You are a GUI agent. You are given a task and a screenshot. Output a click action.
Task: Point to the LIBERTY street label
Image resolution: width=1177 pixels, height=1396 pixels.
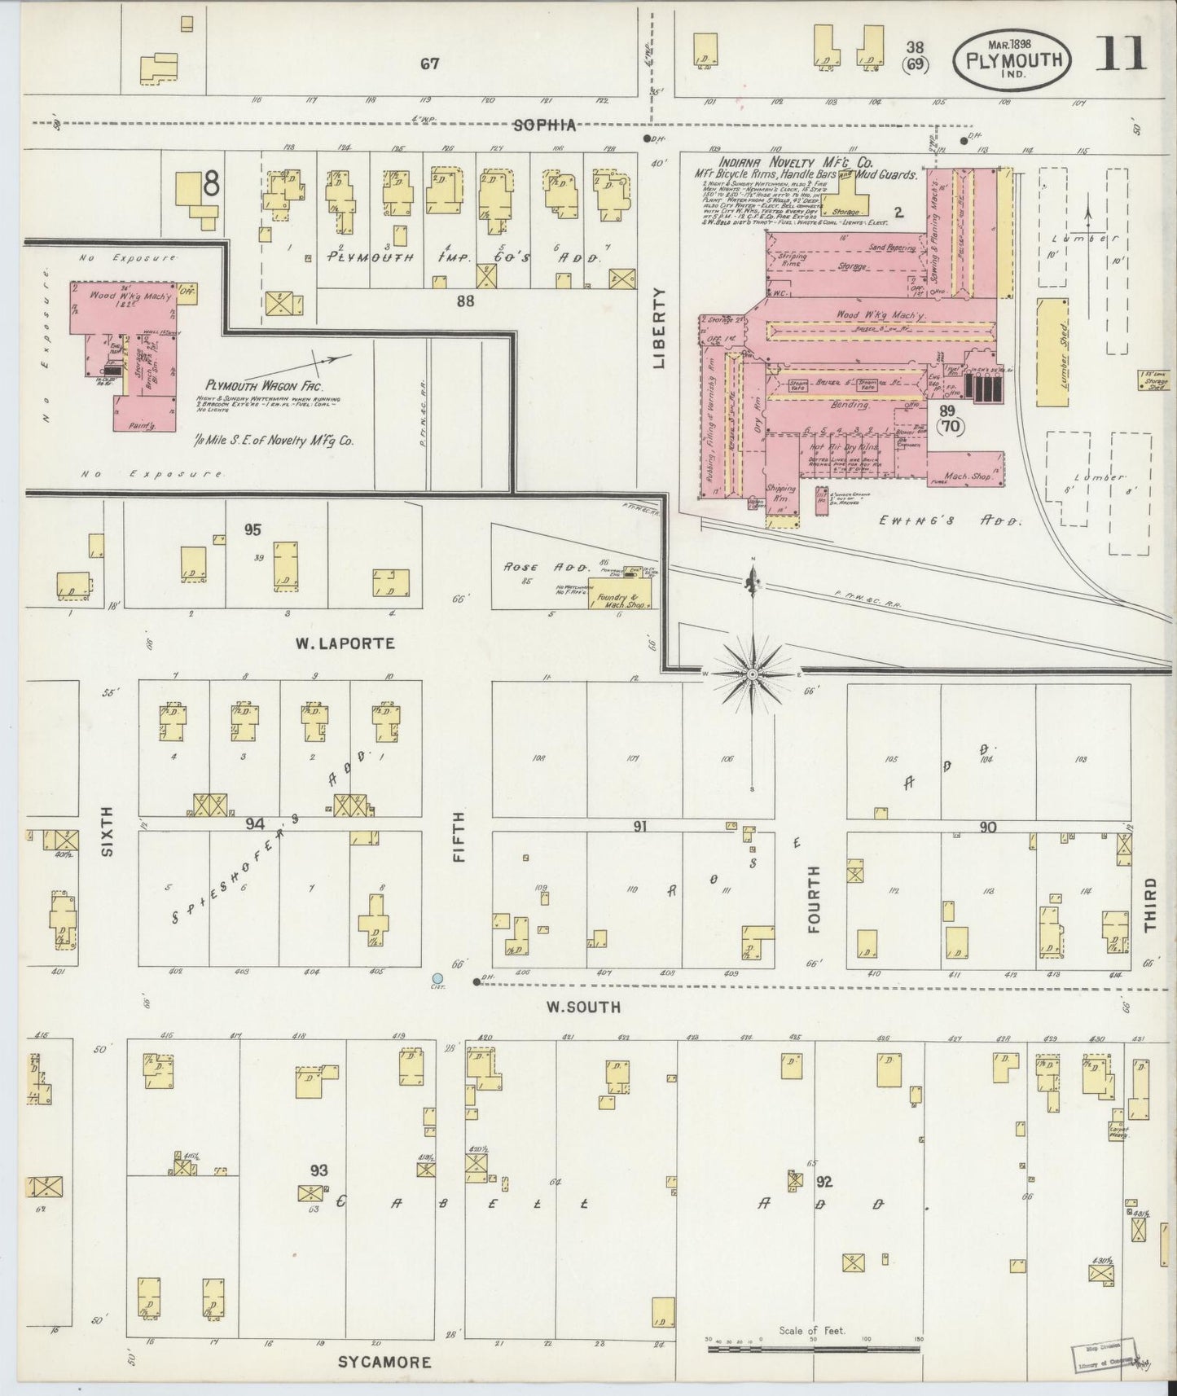click(x=659, y=327)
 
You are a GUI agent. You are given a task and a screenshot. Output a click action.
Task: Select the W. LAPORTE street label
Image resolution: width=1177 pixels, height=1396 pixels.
click(x=345, y=643)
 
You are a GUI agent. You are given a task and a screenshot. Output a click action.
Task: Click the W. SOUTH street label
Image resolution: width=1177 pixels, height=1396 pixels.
click(x=582, y=1007)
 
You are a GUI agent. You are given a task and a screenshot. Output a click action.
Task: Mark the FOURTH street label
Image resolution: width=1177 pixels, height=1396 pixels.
click(x=815, y=898)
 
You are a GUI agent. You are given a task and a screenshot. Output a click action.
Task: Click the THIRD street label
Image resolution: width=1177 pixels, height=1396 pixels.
click(x=1149, y=904)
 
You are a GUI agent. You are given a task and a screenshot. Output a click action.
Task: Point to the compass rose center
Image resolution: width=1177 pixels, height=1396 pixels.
click(x=753, y=674)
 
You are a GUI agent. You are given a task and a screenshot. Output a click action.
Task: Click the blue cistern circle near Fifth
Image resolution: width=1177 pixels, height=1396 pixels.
click(x=437, y=977)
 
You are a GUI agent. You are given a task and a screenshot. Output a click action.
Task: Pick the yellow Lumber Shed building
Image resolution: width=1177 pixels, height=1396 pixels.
click(x=1052, y=352)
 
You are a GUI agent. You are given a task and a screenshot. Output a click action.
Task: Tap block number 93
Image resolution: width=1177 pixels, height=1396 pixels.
click(x=318, y=1170)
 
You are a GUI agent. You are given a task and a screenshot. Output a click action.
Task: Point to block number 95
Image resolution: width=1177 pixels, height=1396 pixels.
click(x=253, y=530)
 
